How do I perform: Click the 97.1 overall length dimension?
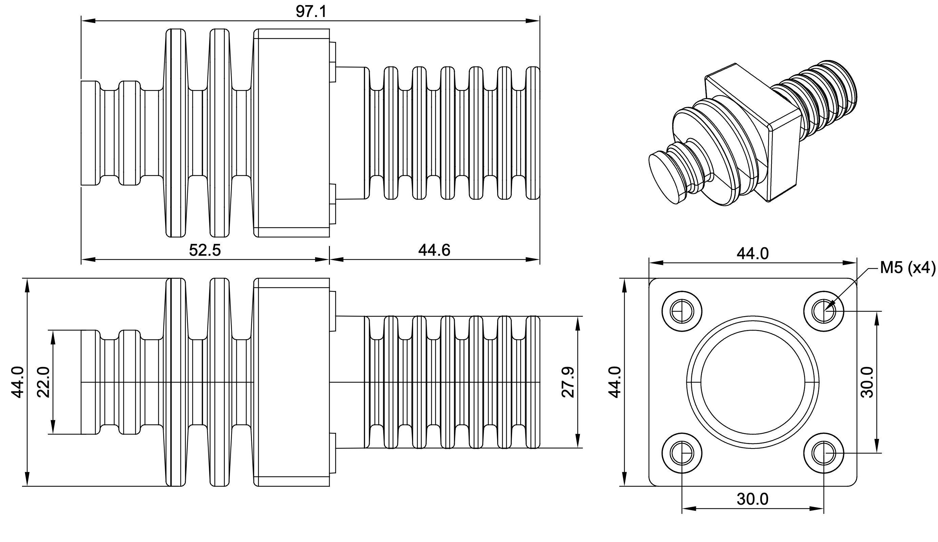[311, 12]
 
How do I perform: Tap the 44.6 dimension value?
[434, 250]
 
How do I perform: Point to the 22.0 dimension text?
[44, 382]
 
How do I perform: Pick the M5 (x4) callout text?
[907, 268]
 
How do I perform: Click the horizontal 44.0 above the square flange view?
[753, 254]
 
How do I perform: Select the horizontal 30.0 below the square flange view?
[753, 499]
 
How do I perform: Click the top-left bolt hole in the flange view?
[682, 311]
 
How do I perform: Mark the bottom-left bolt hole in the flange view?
[682, 453]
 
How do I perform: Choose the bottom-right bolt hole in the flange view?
[823, 453]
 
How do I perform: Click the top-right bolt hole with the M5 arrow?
[823, 311]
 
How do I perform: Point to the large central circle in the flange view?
[753, 382]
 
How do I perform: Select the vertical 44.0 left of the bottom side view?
[19, 382]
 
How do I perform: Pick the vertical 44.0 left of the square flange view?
[615, 382]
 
